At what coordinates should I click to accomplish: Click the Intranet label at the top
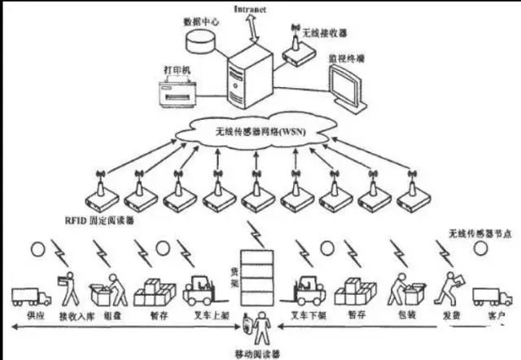click(249, 8)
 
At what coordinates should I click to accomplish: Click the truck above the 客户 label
click(491, 294)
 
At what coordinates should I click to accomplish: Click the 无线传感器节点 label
click(480, 234)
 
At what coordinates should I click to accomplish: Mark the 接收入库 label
click(71, 314)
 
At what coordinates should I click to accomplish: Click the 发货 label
click(445, 314)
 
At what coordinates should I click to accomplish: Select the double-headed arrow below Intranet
click(251, 28)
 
